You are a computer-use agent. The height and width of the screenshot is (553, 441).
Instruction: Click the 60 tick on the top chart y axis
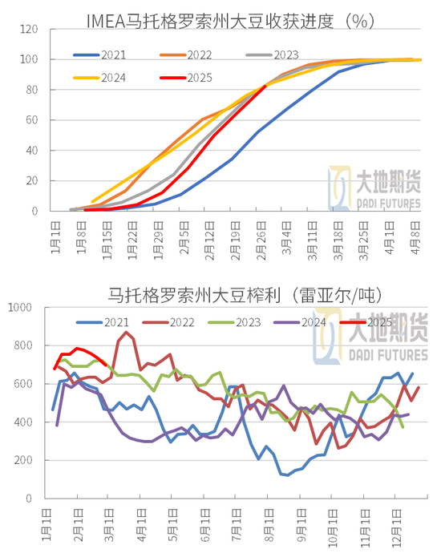pos(31,120)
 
